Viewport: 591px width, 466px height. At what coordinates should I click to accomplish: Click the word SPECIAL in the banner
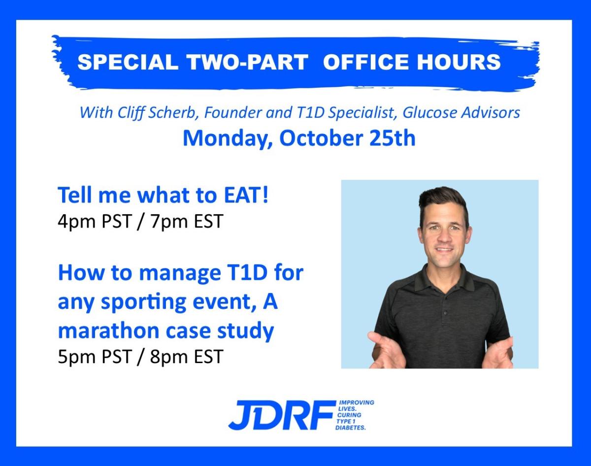pos(128,62)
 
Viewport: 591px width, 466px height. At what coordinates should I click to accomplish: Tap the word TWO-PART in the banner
pos(247,62)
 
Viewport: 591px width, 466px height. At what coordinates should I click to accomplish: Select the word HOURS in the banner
pos(459,62)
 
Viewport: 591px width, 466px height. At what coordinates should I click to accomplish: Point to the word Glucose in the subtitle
pos(429,113)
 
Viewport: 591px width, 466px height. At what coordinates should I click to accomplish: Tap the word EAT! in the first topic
pos(246,195)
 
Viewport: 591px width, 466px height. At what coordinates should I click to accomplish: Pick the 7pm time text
pos(169,222)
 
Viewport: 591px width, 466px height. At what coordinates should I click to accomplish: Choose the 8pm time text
pos(169,357)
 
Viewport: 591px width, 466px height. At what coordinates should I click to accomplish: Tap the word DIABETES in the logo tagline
pos(351,428)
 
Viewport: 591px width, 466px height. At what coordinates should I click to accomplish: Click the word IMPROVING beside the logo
pos(357,402)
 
